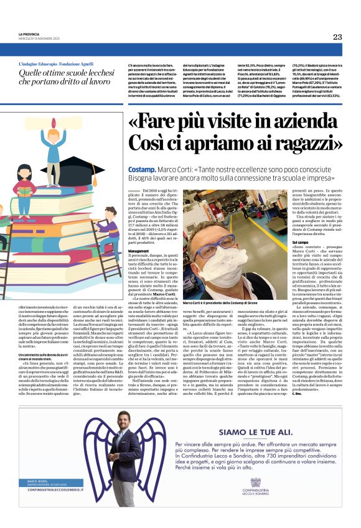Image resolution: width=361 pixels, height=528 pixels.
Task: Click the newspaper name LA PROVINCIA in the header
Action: pyautogui.click(x=29, y=34)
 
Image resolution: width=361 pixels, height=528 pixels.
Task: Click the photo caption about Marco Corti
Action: pyautogui.click(x=214, y=302)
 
